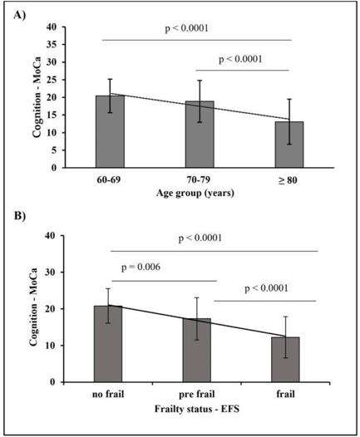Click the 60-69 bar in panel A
(x=110, y=131)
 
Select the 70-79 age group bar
(x=200, y=135)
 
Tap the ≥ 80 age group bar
(x=289, y=145)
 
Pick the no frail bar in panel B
(x=108, y=344)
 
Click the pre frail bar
(x=196, y=351)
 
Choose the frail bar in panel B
(x=285, y=360)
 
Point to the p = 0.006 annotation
(x=141, y=267)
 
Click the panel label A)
(x=19, y=15)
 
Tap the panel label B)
(x=20, y=216)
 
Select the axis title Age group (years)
(x=195, y=193)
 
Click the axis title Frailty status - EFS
(x=197, y=409)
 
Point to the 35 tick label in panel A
(x=52, y=45)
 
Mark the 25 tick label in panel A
(x=52, y=80)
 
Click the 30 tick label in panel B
(x=51, y=273)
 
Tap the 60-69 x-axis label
(x=109, y=180)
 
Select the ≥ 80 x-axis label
(x=288, y=180)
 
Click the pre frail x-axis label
(x=197, y=395)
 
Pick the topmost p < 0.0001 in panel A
(x=186, y=28)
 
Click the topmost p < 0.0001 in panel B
(x=200, y=238)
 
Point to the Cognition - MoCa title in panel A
(x=37, y=97)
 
